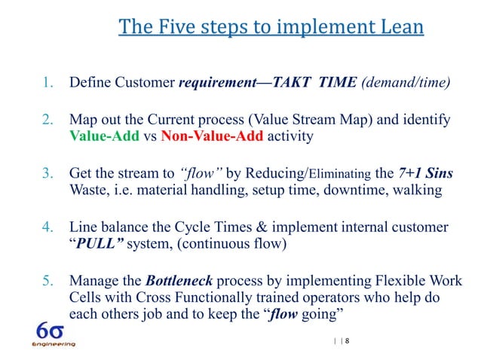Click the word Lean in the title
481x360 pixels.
coord(397,28)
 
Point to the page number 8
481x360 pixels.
coord(348,341)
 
